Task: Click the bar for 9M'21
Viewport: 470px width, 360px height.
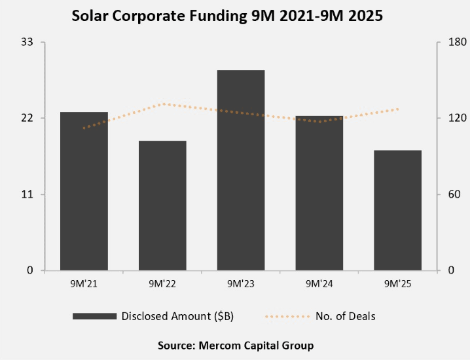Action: [84, 191]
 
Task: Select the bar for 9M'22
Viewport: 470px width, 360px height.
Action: [162, 206]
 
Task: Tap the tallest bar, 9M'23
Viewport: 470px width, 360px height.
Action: [241, 170]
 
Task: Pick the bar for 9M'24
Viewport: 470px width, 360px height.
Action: [319, 193]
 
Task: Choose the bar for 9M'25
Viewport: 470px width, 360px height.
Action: [397, 210]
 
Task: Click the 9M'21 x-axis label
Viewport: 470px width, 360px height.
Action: [84, 283]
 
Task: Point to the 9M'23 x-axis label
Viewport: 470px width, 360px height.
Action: [241, 283]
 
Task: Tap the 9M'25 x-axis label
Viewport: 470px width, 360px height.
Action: [397, 283]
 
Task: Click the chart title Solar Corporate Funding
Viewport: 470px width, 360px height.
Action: [227, 18]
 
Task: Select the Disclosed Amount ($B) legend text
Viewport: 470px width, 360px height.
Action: [177, 316]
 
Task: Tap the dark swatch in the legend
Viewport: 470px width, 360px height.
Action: [94, 316]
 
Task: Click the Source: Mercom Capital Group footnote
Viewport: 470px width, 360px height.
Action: [236, 345]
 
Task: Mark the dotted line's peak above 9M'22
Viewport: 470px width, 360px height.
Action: [162, 103]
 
